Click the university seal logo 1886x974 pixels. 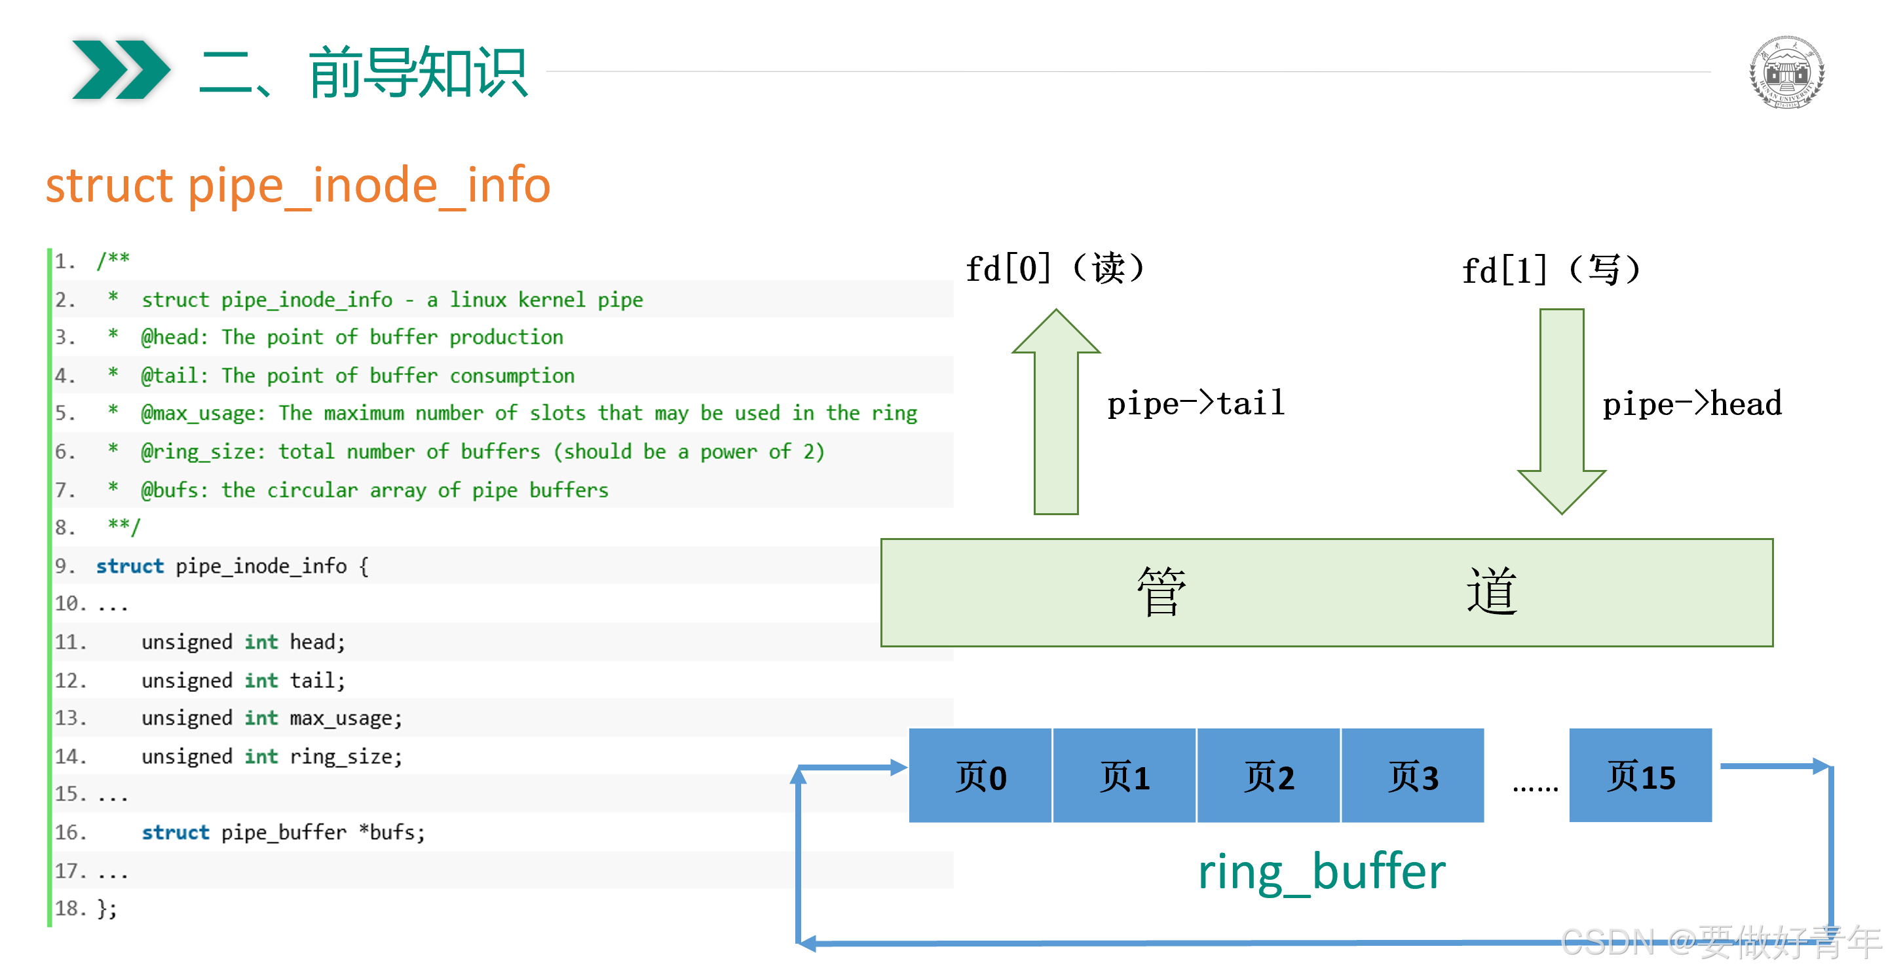(x=1786, y=72)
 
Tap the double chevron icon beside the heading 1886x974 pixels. (x=121, y=69)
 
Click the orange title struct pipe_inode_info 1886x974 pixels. (x=297, y=185)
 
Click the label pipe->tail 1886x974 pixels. (x=1196, y=403)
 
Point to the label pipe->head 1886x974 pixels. (x=1691, y=404)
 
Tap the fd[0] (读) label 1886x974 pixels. (x=1053, y=268)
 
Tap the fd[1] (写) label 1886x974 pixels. (x=1550, y=270)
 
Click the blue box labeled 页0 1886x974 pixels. (x=980, y=776)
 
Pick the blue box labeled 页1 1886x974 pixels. (x=1124, y=776)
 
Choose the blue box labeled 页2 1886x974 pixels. (x=1268, y=776)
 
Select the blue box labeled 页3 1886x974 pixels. (x=1412, y=776)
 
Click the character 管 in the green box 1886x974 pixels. (x=1161, y=591)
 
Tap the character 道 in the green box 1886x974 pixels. (x=1492, y=591)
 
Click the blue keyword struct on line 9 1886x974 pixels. (x=130, y=566)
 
